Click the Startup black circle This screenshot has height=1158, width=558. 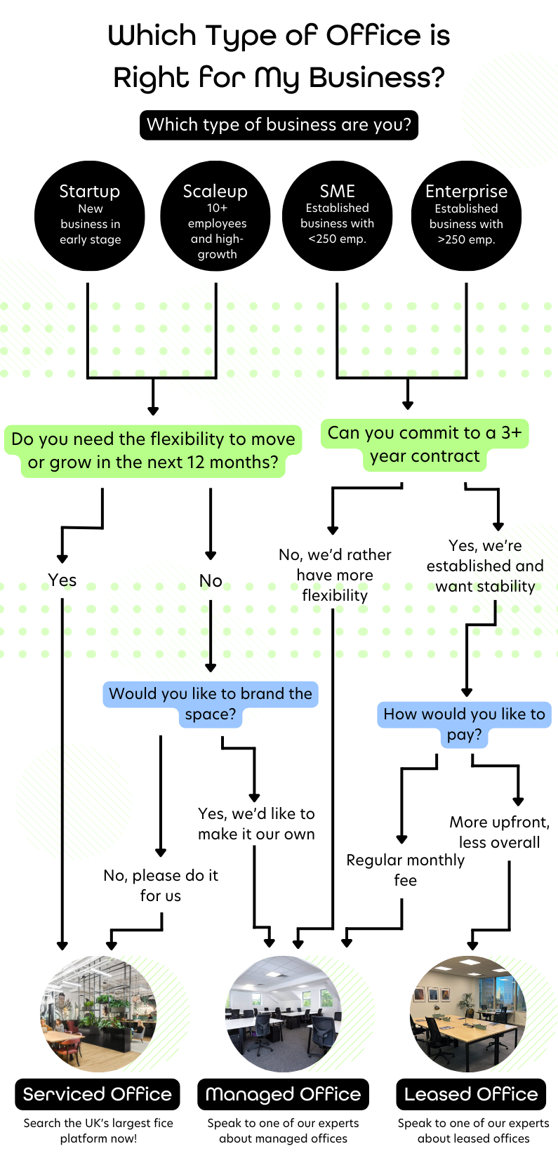90,215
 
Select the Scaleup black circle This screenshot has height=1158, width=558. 215,215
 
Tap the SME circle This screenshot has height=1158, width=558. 337,215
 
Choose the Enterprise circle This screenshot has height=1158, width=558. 466,215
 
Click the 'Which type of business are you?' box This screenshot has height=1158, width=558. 279,125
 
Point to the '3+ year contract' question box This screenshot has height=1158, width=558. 425,444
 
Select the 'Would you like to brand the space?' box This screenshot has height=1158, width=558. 211,703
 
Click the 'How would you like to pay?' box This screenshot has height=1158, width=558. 464,724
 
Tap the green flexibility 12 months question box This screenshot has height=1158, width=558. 153,451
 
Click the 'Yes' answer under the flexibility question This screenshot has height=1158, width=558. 62,580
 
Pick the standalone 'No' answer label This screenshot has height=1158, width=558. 211,581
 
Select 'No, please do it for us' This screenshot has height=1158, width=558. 161,885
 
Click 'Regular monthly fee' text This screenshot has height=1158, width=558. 405,870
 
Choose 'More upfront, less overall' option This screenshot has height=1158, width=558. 499,832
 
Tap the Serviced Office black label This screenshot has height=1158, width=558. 98,1094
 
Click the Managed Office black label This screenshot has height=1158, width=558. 283,1094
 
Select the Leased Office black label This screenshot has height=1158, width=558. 471,1094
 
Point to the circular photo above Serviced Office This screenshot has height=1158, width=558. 98,1013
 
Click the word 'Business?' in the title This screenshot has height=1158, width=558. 378,77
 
